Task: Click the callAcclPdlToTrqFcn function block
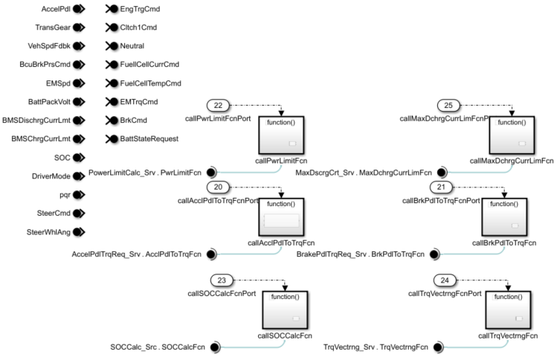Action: coord(280,217)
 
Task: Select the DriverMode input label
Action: coord(47,176)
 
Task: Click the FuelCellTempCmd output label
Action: coord(151,83)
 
